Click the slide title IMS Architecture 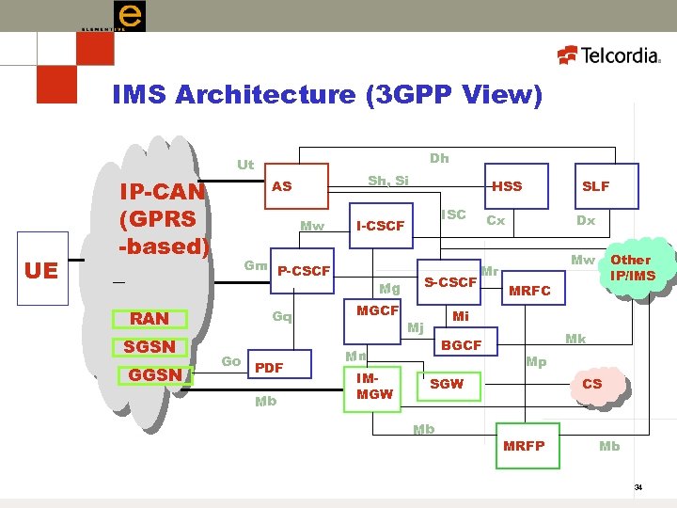point(326,95)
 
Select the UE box point(40,271)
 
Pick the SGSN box point(150,346)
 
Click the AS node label point(282,186)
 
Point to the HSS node point(507,186)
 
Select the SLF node point(595,186)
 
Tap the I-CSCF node point(381,226)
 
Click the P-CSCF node point(304,271)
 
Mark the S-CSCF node point(450,281)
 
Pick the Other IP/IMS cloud point(630,267)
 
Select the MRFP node point(525,445)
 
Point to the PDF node point(270,367)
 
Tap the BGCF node point(462,345)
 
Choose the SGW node point(447,384)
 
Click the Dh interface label point(439,158)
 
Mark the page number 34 point(638,487)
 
